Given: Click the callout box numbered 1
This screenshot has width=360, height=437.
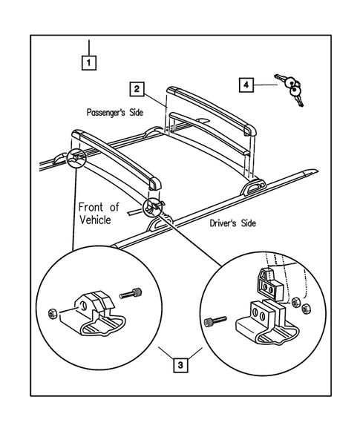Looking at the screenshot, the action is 89,63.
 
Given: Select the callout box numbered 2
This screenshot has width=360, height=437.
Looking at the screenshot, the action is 137,89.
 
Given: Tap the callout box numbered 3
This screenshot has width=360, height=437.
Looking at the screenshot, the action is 180,365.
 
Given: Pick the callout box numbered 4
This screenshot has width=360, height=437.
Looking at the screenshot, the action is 246,85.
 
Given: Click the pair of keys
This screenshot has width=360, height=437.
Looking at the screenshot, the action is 290,89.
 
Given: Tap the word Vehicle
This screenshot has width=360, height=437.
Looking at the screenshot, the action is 95,220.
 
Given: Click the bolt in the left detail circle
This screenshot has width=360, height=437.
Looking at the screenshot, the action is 131,294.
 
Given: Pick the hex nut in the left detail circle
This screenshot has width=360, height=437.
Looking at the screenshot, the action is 52,314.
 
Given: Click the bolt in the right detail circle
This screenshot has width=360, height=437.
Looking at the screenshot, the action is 215,321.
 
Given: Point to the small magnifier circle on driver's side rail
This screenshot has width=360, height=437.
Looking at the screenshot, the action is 153,207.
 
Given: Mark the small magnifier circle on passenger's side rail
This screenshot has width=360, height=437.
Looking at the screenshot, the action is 77,158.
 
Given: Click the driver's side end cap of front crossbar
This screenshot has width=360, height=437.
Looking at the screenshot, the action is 155,183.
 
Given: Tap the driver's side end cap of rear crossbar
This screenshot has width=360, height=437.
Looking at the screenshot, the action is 249,130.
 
